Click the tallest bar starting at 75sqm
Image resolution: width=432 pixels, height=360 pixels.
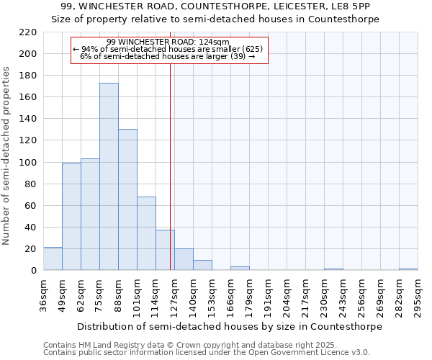[109, 176]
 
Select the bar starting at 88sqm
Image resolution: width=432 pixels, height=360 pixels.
[127, 199]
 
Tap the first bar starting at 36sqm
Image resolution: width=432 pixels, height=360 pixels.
[53, 258]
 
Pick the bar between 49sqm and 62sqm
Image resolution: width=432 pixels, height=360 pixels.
[71, 216]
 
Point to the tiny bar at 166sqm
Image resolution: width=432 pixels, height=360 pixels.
[240, 269]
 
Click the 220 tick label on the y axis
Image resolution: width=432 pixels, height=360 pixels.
[28, 32]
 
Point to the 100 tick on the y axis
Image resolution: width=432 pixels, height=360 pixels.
[28, 163]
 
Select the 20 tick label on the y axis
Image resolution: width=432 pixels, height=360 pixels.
[31, 249]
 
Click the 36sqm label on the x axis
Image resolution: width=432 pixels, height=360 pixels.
[43, 297]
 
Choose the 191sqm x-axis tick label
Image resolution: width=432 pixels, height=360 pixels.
[268, 297]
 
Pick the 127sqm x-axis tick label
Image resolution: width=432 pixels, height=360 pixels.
[174, 297]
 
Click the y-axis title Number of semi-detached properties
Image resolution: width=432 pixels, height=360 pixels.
[7, 156]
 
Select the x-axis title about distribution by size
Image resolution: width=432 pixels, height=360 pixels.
[229, 326]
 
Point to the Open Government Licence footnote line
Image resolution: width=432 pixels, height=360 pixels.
[207, 352]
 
